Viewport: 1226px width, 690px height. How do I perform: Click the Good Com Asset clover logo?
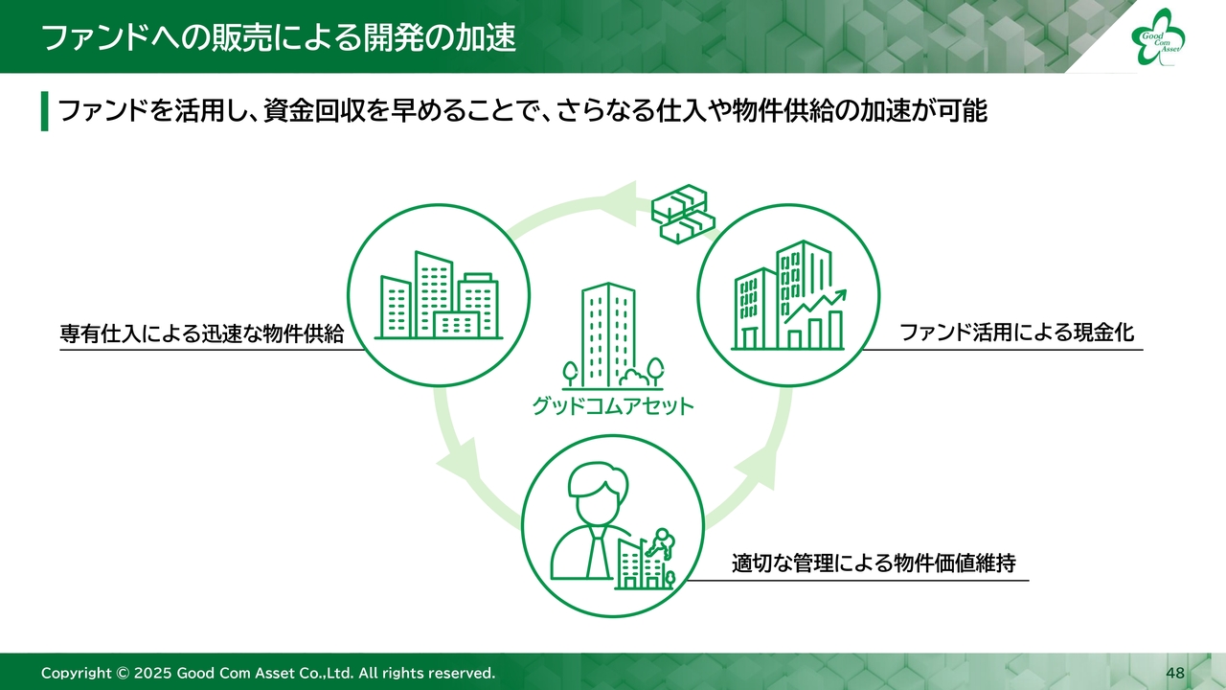pos(1158,36)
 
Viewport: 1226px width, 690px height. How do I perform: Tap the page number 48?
pos(1175,673)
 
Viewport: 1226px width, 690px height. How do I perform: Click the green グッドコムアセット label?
pos(613,406)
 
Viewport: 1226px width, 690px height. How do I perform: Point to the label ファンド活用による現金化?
pos(1017,333)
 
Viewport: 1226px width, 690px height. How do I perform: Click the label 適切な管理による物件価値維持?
pos(874,563)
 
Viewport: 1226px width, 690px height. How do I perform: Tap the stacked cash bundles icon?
pos(683,214)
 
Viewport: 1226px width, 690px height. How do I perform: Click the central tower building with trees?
pos(613,336)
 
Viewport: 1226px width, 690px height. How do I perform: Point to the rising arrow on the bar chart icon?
pos(815,306)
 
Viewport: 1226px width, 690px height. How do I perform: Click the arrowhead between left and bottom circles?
pos(459,461)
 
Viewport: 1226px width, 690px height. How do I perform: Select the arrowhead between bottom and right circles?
pos(758,467)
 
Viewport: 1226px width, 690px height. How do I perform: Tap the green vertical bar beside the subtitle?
pos(44,111)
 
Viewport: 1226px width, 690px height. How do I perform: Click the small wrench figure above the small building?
pos(660,542)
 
